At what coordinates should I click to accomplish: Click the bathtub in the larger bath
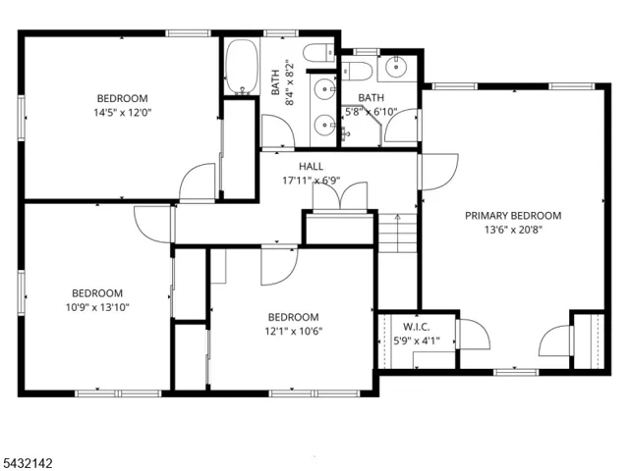pyautogui.click(x=242, y=67)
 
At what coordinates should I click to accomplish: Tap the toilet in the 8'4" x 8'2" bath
pyautogui.click(x=318, y=53)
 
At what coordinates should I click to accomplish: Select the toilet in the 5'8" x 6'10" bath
pyautogui.click(x=357, y=71)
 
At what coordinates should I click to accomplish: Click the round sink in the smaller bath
pyautogui.click(x=396, y=67)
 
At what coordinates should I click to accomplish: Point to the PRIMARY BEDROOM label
pyautogui.click(x=513, y=216)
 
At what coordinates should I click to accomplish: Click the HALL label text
pyautogui.click(x=311, y=166)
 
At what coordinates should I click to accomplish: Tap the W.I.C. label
pyautogui.click(x=417, y=327)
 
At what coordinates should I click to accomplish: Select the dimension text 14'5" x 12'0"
pyautogui.click(x=123, y=113)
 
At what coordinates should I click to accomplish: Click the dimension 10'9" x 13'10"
pyautogui.click(x=97, y=307)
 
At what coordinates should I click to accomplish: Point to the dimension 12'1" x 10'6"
pyautogui.click(x=294, y=332)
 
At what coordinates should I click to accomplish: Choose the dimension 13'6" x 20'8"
pyautogui.click(x=513, y=230)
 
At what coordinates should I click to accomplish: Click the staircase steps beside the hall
pyautogui.click(x=397, y=234)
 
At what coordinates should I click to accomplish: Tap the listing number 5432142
pyautogui.click(x=27, y=463)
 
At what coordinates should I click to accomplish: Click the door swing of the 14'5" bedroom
pyautogui.click(x=198, y=182)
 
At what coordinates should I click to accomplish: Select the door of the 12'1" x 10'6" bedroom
pyautogui.click(x=279, y=267)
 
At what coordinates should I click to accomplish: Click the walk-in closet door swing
pyautogui.click(x=474, y=335)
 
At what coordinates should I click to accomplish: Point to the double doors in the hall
pyautogui.click(x=340, y=195)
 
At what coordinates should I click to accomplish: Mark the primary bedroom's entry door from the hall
pyautogui.click(x=438, y=172)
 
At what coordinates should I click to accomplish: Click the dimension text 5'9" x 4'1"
pyautogui.click(x=417, y=341)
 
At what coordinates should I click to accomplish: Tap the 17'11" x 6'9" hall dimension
pyautogui.click(x=312, y=181)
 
